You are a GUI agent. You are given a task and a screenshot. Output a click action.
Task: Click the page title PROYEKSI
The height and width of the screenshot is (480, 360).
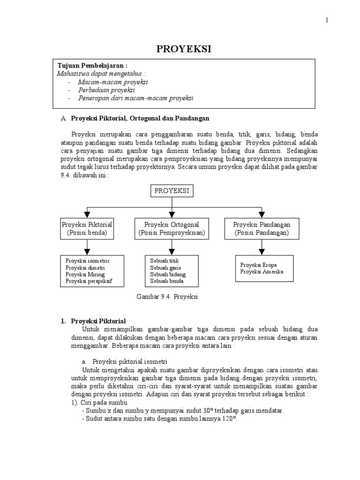click(x=180, y=49)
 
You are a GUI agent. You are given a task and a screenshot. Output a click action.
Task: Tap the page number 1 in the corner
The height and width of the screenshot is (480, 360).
click(x=327, y=20)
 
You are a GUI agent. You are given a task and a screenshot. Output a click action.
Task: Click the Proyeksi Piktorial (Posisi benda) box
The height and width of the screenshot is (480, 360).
click(x=87, y=228)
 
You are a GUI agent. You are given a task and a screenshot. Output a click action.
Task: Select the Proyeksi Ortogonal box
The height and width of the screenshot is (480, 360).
click(x=172, y=228)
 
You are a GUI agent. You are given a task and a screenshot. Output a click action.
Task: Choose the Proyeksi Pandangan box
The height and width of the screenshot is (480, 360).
click(x=262, y=228)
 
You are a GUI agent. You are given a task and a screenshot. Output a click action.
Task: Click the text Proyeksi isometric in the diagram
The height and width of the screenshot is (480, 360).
click(x=88, y=260)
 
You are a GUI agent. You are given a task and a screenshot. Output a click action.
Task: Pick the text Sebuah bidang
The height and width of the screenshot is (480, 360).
click(x=168, y=274)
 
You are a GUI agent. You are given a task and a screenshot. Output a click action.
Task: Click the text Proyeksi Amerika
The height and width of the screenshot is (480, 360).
click(x=262, y=271)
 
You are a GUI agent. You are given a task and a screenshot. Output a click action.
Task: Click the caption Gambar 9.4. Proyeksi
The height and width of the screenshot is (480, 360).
click(x=167, y=297)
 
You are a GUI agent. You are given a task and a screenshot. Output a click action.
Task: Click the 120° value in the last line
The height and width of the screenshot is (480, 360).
click(x=230, y=419)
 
